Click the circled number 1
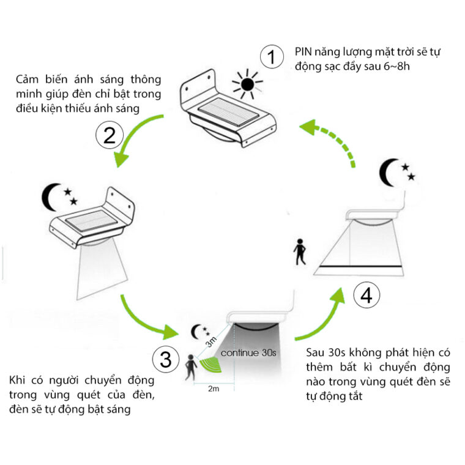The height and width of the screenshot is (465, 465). pyautogui.click(x=272, y=58)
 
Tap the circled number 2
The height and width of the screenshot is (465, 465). pyautogui.click(x=110, y=135)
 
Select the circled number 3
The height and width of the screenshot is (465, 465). pyautogui.click(x=165, y=359)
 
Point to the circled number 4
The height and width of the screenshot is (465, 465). pyautogui.click(x=366, y=296)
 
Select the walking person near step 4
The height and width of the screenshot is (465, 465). pyautogui.click(x=299, y=251)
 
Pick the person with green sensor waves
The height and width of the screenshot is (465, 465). pyautogui.click(x=192, y=367)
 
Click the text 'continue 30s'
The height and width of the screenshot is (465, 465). pyautogui.click(x=249, y=353)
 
